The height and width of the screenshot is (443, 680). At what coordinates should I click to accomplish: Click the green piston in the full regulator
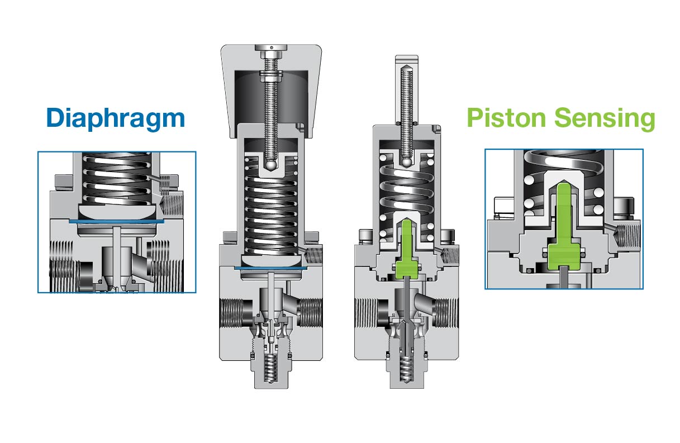pyautogui.click(x=407, y=251)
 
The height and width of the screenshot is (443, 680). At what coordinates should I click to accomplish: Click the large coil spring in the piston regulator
pyautogui.click(x=407, y=190)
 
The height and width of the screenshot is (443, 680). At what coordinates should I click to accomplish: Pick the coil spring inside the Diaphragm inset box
pyautogui.click(x=116, y=179)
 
